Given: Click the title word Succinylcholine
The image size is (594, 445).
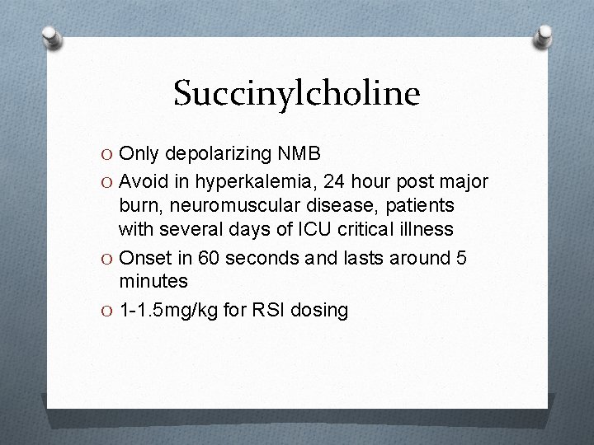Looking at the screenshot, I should [297, 94].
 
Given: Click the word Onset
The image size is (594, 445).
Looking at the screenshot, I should [145, 258].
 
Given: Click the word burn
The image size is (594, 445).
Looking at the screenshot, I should [137, 205].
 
